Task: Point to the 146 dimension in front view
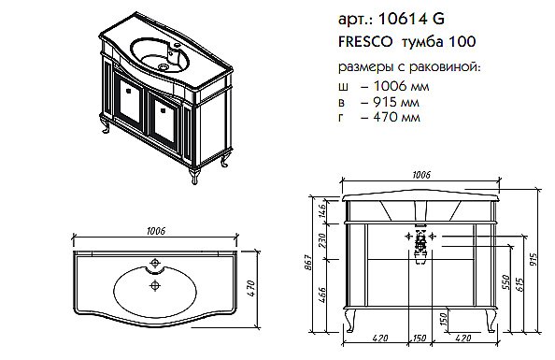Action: point(323,212)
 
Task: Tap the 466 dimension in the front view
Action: point(323,295)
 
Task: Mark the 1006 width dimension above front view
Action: point(422,175)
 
